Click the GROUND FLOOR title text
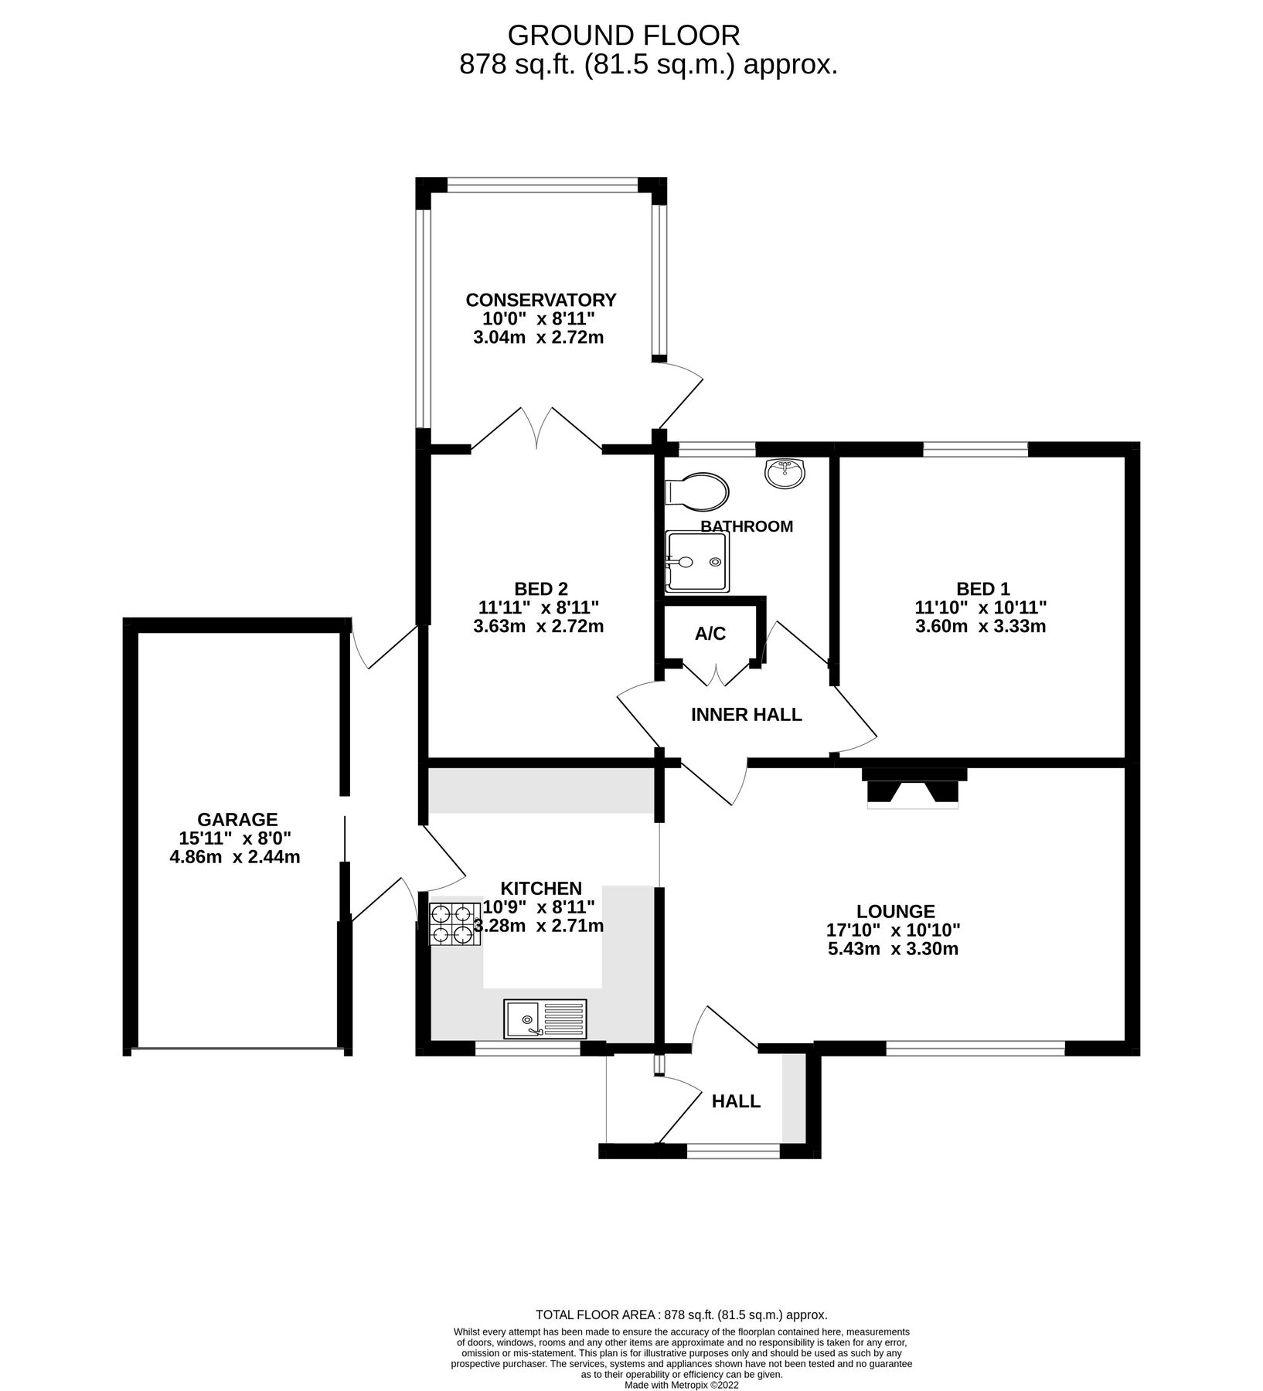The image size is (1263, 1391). pos(624,36)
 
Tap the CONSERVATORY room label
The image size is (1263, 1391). pos(541,300)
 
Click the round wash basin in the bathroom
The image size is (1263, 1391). pos(785,473)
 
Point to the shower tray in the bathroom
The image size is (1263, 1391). pos(696,561)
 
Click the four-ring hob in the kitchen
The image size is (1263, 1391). pos(452,924)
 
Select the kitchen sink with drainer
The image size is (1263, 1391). pos(545,1019)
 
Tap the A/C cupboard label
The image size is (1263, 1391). pos(710,634)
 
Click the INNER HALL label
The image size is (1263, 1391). pos(746,715)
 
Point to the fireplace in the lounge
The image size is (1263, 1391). pos(913,788)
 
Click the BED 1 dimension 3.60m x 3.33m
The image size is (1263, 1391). pos(980,627)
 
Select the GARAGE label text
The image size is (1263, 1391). pos(237,819)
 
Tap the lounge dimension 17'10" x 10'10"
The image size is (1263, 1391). pos(894,930)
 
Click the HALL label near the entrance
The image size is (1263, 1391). pos(736,1101)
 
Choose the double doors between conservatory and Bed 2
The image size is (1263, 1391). pos(536,430)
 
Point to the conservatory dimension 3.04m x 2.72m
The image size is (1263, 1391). pos(538,338)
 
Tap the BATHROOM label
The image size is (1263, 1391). pos(746,527)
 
